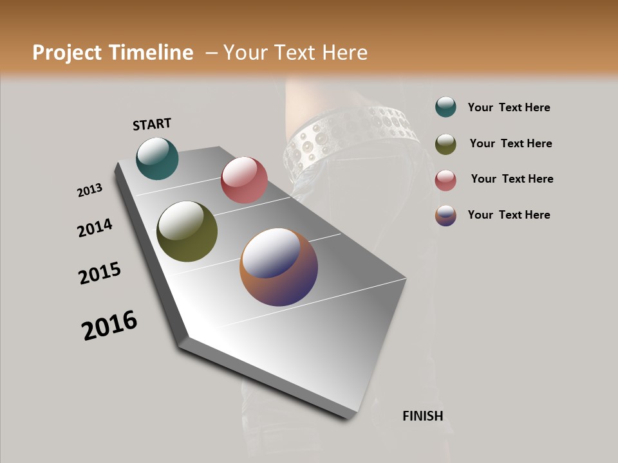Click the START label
(x=152, y=124)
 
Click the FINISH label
(x=422, y=416)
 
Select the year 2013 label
(x=89, y=190)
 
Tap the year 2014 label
(x=95, y=228)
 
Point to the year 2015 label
(x=100, y=273)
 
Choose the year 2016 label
(x=109, y=325)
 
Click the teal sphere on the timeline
(x=157, y=159)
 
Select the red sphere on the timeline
(x=244, y=180)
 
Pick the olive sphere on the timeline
(x=187, y=232)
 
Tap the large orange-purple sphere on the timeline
(x=279, y=267)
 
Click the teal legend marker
(x=445, y=107)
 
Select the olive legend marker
(x=445, y=143)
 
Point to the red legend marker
(x=445, y=179)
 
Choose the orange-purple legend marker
(x=445, y=215)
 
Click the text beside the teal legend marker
(x=509, y=107)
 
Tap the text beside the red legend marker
(x=512, y=179)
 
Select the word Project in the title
(x=68, y=53)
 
